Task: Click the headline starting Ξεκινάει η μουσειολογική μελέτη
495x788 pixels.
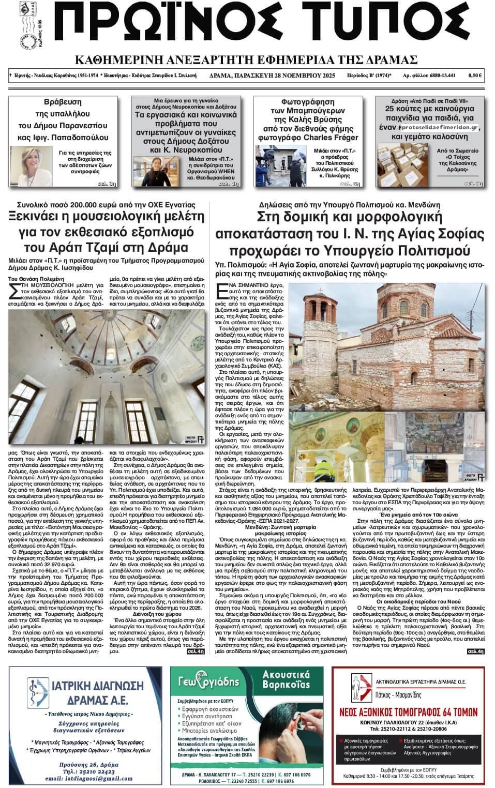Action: click(106, 232)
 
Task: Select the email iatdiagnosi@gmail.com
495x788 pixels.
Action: click(85, 777)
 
